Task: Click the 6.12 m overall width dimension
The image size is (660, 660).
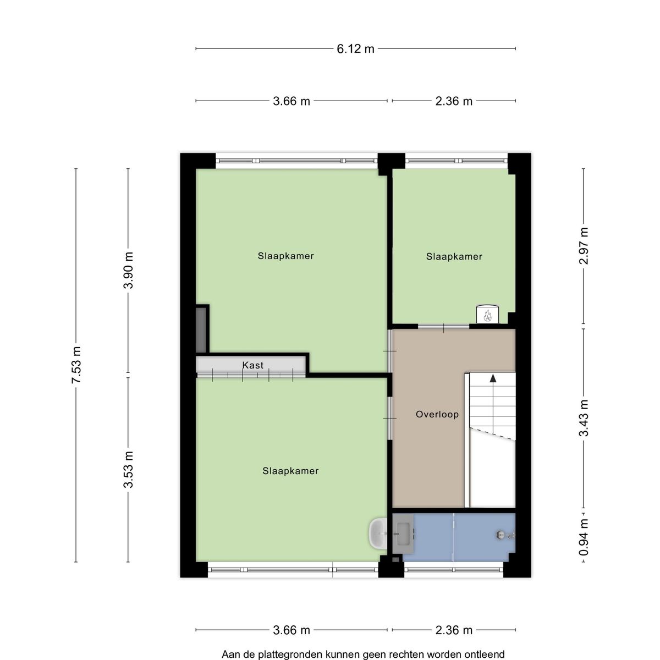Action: (355, 48)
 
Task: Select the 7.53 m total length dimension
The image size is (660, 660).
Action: (76, 366)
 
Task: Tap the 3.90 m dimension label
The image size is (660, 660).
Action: (128, 270)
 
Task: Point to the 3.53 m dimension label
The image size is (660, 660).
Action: (128, 469)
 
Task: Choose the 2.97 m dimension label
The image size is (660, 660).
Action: (584, 246)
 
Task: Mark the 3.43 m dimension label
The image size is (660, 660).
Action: (584, 418)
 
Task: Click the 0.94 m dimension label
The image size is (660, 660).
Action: (584, 537)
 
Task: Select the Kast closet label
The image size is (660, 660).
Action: (253, 365)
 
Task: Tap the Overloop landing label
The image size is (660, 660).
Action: (437, 415)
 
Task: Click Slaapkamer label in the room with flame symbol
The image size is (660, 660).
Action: (454, 256)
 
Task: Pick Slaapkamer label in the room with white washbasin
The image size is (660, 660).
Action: (290, 471)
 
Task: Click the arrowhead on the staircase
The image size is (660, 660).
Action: (493, 378)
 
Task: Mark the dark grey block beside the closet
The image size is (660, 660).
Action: (201, 330)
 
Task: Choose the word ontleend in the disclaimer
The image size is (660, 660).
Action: (484, 654)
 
